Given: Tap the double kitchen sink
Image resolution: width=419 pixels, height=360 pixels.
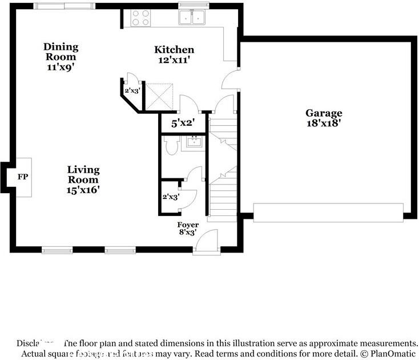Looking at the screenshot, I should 192,18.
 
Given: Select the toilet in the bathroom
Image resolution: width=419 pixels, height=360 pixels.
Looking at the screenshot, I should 172,147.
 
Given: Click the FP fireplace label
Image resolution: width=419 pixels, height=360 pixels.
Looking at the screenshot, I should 23,177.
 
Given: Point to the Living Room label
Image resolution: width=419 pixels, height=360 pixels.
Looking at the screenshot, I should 83,174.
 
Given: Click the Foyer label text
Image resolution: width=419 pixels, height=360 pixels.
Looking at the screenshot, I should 188,225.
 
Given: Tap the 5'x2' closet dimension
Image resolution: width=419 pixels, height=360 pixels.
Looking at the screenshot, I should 183,122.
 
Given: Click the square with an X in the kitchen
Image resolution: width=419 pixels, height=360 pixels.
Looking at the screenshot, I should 160,95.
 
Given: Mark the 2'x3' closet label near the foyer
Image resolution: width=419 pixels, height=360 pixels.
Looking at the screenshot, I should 171,197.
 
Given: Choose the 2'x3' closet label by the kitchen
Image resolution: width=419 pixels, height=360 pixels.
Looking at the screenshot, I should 132,90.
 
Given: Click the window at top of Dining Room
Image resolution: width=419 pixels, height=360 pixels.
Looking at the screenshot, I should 65,6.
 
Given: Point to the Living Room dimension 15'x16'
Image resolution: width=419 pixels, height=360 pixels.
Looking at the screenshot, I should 83,190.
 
